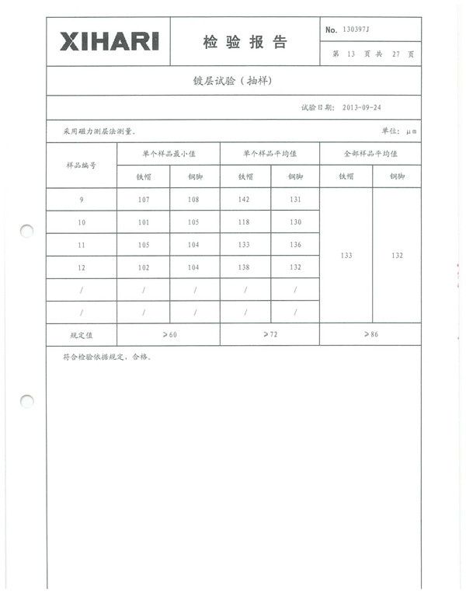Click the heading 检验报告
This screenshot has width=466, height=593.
pos(245,43)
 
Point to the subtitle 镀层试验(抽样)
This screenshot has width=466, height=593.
pos(232,81)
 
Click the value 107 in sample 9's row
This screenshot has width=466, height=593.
pos(143,200)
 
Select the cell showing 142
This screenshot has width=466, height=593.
pos(245,200)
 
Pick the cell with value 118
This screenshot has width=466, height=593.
pos(245,222)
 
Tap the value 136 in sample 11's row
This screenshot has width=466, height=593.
pos(295,245)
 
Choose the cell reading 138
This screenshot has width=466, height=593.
pos(245,267)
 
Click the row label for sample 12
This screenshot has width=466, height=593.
pos(82,267)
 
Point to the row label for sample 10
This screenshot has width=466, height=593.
pos(82,222)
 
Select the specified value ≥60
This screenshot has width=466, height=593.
pos(169,334)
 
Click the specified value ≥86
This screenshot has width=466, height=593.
pos(370,334)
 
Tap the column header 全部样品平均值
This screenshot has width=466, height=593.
pos(370,154)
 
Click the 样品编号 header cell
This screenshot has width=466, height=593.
pos(82,166)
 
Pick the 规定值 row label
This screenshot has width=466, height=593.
pos(82,335)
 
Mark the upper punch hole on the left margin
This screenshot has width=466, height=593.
pos(27,231)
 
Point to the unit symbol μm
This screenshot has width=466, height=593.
pos(412,132)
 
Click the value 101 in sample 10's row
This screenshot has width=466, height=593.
pos(143,222)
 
